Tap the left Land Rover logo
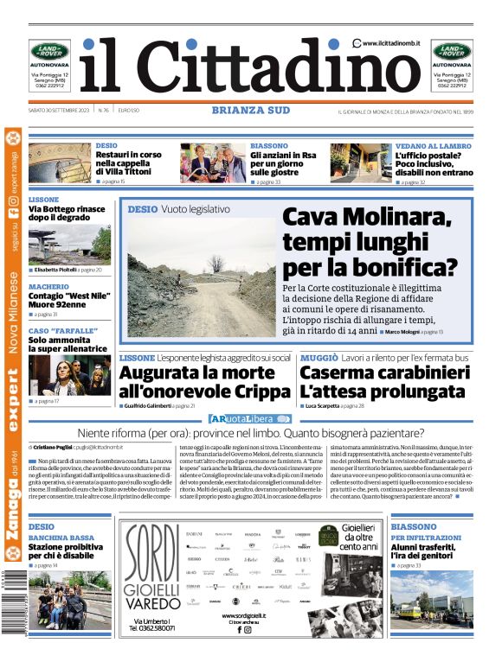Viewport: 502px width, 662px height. pos(49,51)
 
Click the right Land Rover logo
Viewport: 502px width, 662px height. pos(453,51)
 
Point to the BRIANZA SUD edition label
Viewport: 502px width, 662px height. pos(251,110)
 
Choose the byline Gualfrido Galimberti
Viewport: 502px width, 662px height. pos(151,405)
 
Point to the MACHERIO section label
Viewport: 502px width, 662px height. pos(48,286)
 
